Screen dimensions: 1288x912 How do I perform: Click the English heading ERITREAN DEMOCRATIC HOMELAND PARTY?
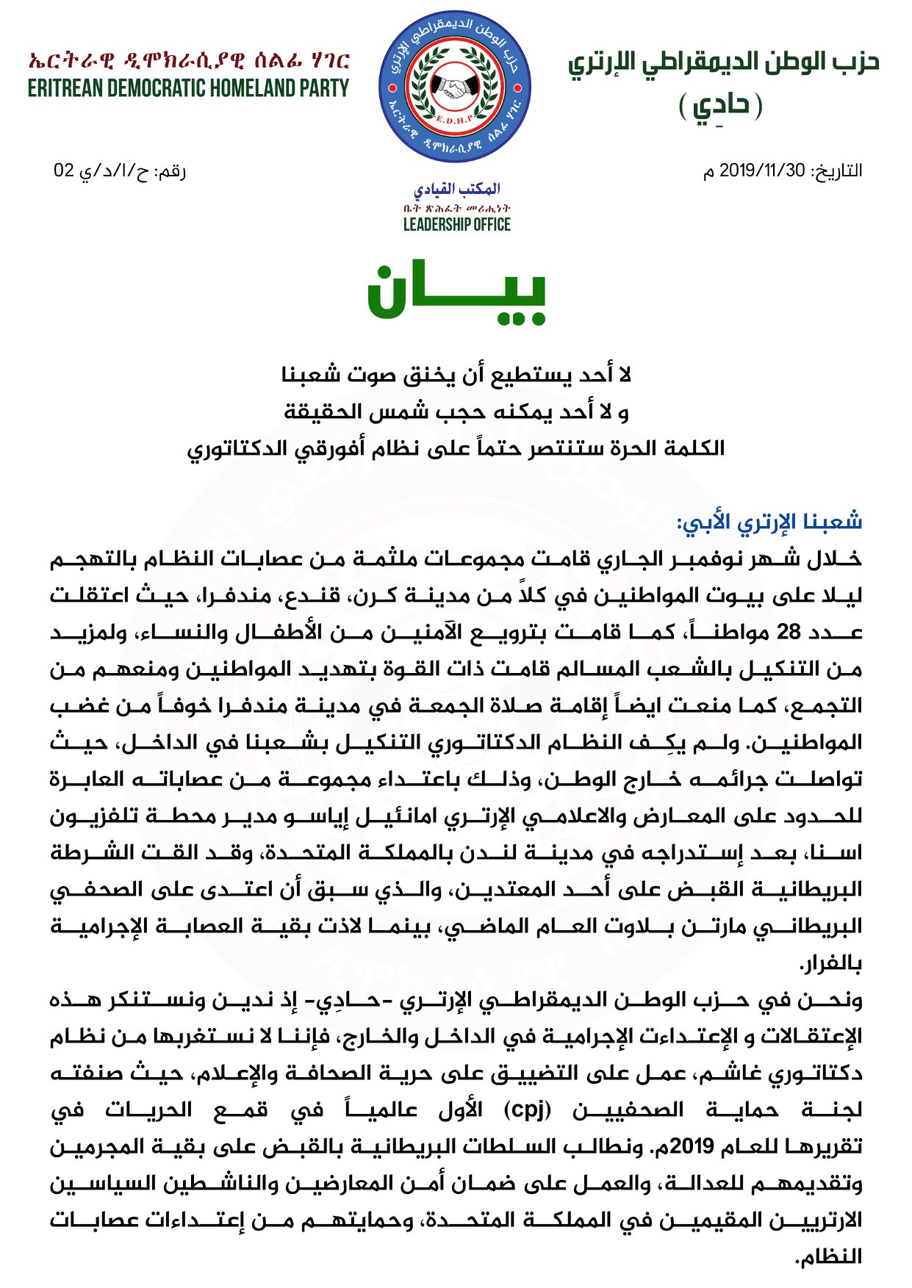point(188,89)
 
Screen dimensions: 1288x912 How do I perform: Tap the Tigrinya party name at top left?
point(188,60)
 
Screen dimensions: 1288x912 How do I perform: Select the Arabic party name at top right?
point(723,62)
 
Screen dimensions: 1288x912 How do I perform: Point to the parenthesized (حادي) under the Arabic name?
point(720,106)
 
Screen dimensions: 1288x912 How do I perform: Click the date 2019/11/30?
point(762,171)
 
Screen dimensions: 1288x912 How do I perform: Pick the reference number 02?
point(64,171)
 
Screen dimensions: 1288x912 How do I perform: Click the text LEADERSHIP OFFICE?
point(456,225)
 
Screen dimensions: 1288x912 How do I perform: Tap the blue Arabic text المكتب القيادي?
point(456,190)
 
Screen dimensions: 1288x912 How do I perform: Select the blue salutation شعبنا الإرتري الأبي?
point(769,522)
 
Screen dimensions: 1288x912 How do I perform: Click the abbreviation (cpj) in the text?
point(528,1109)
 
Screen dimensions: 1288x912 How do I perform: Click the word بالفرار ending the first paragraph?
point(830,963)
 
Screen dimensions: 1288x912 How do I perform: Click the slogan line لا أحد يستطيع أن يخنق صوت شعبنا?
point(456,375)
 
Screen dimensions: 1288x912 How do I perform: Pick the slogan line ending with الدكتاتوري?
point(456,449)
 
